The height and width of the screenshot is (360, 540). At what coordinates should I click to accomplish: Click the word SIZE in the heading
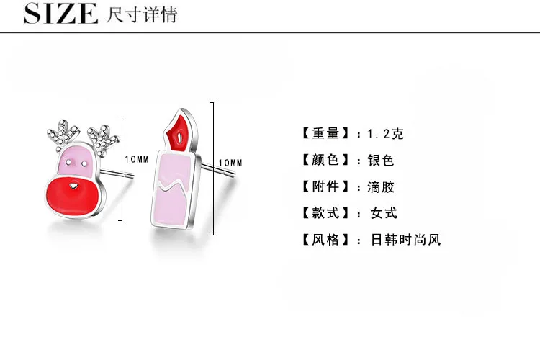coord(60,14)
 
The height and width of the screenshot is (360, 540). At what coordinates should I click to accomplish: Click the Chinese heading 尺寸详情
coord(142,14)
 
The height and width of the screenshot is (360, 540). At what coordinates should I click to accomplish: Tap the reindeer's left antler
coord(63,135)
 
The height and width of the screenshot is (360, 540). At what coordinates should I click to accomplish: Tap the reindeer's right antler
coord(103,139)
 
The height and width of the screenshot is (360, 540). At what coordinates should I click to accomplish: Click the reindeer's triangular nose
coord(73,186)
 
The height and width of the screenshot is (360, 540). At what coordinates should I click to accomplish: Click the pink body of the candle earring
coord(172,189)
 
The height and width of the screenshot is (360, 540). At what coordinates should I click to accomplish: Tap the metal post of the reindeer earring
coord(117,174)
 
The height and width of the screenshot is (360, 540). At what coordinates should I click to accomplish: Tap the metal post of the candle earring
coord(218,170)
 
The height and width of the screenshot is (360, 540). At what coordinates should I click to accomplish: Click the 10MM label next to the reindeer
coord(137,159)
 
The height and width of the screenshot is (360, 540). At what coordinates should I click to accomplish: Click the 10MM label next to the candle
coord(230,163)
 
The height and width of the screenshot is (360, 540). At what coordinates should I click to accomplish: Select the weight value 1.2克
coord(385,133)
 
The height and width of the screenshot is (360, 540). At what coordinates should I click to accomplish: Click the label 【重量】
coord(325,133)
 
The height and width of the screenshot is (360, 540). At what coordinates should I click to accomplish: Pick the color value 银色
coord(381,160)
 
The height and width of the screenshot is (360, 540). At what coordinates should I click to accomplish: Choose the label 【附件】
coord(325,186)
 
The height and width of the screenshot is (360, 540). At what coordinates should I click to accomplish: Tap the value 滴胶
coord(381,187)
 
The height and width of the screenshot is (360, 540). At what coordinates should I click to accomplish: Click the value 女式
coord(384,213)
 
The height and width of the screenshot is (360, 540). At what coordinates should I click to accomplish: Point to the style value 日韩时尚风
coord(405,240)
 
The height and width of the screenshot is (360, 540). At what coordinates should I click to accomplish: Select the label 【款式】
coord(325,213)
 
